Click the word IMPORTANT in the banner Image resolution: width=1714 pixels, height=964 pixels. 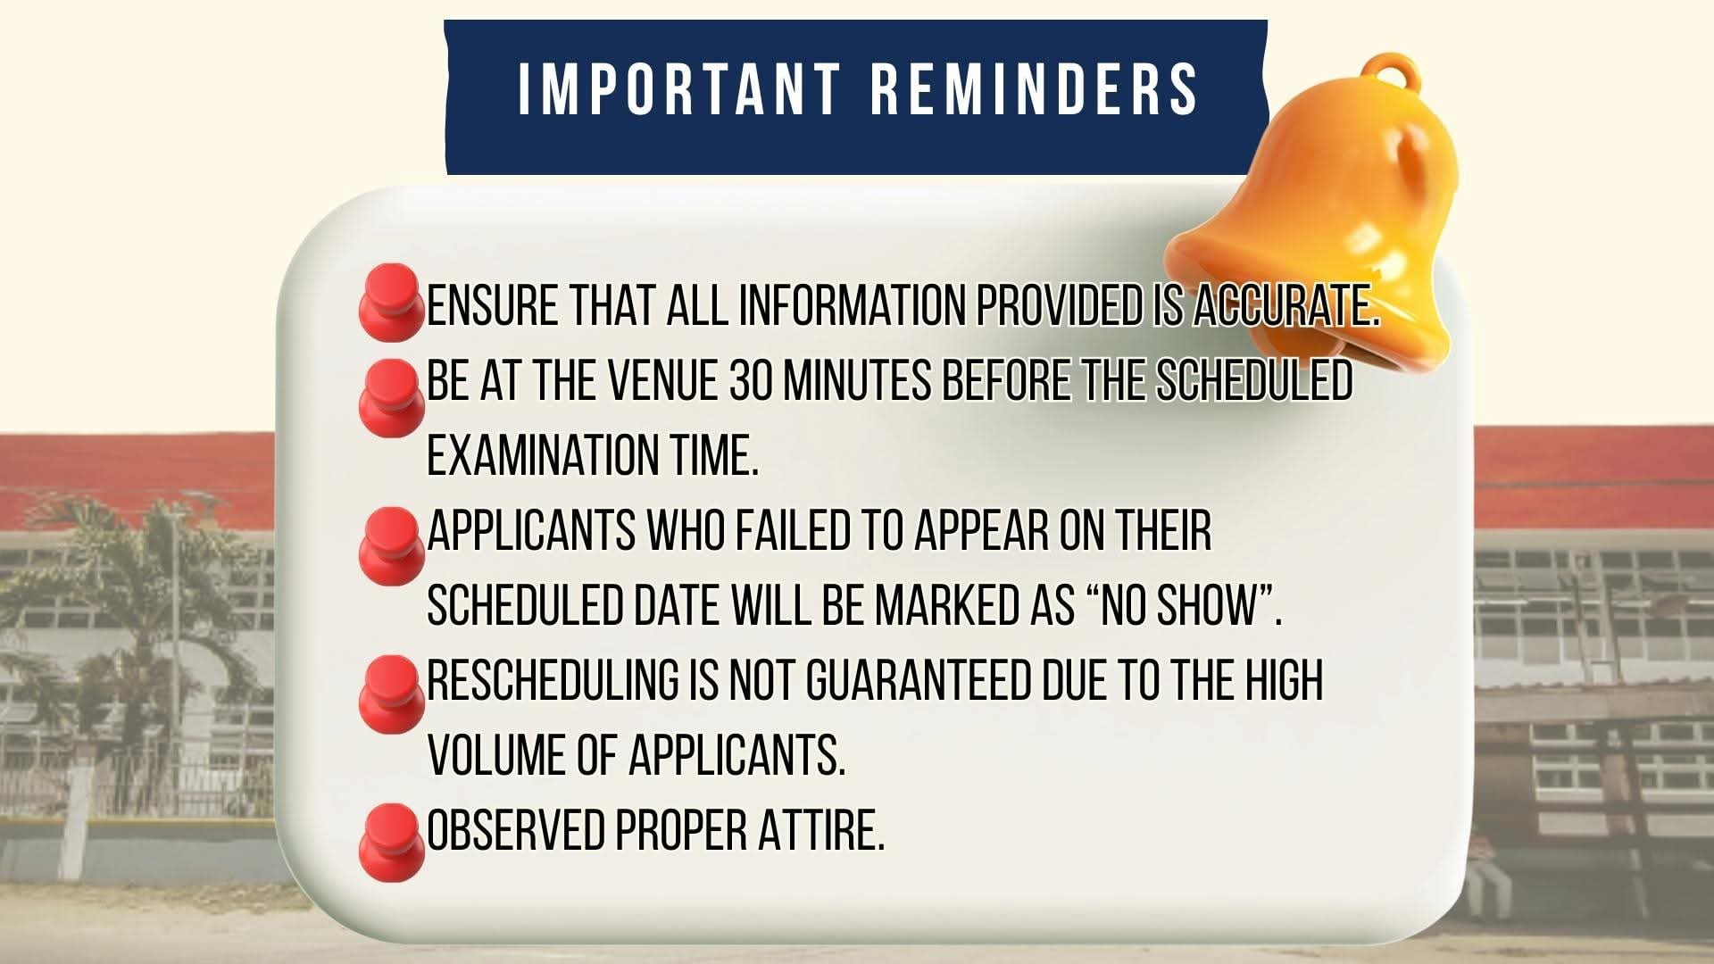(x=680, y=88)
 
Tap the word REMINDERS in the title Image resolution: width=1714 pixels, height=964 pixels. (x=1034, y=88)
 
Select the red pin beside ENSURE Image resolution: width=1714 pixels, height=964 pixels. (x=390, y=302)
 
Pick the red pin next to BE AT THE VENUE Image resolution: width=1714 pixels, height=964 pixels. (x=390, y=398)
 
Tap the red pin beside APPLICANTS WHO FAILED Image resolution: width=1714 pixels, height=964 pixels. (x=390, y=546)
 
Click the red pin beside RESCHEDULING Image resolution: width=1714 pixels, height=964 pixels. (x=390, y=694)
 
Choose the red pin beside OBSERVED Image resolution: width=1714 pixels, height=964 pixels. (x=390, y=843)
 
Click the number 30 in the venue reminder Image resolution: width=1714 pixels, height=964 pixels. (x=751, y=381)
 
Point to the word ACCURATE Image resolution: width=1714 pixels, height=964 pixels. (x=1286, y=306)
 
